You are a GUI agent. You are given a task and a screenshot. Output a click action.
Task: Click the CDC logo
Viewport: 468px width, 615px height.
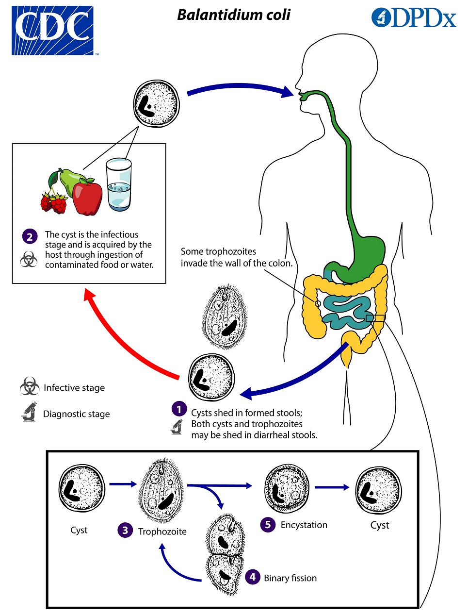point(52,30)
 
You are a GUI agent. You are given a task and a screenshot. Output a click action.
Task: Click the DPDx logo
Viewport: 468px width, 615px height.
point(414,18)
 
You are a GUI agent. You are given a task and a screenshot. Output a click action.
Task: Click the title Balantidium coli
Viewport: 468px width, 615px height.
point(234,15)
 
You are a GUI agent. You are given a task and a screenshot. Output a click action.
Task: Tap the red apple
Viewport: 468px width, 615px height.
point(87,198)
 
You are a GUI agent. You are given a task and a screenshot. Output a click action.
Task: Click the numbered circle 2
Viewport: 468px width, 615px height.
point(30,236)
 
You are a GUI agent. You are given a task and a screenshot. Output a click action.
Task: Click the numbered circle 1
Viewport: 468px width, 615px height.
point(179,409)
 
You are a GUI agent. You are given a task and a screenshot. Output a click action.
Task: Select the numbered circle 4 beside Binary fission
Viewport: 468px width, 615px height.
point(252,577)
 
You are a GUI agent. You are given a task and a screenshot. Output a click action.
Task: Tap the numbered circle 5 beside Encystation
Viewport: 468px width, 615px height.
point(268,525)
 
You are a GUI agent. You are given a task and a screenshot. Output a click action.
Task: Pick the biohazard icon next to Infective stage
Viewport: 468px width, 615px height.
point(30,387)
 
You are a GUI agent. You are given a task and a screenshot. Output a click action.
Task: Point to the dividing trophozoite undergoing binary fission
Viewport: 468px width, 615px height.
point(225,553)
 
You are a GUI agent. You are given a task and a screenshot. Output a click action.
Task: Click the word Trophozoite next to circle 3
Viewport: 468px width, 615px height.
point(162,532)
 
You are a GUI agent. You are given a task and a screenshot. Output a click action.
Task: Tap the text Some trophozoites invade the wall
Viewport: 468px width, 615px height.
point(237,257)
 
